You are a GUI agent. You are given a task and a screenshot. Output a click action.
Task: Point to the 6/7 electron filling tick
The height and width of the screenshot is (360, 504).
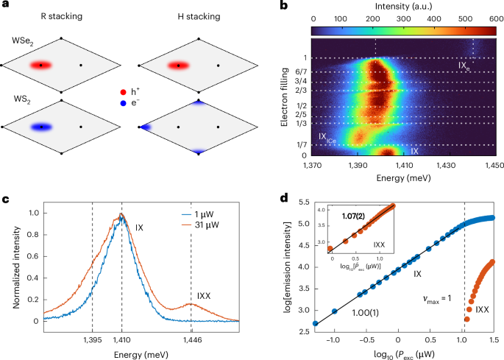[302, 71]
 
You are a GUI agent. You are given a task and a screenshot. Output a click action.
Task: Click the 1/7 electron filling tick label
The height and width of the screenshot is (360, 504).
[302, 145]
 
